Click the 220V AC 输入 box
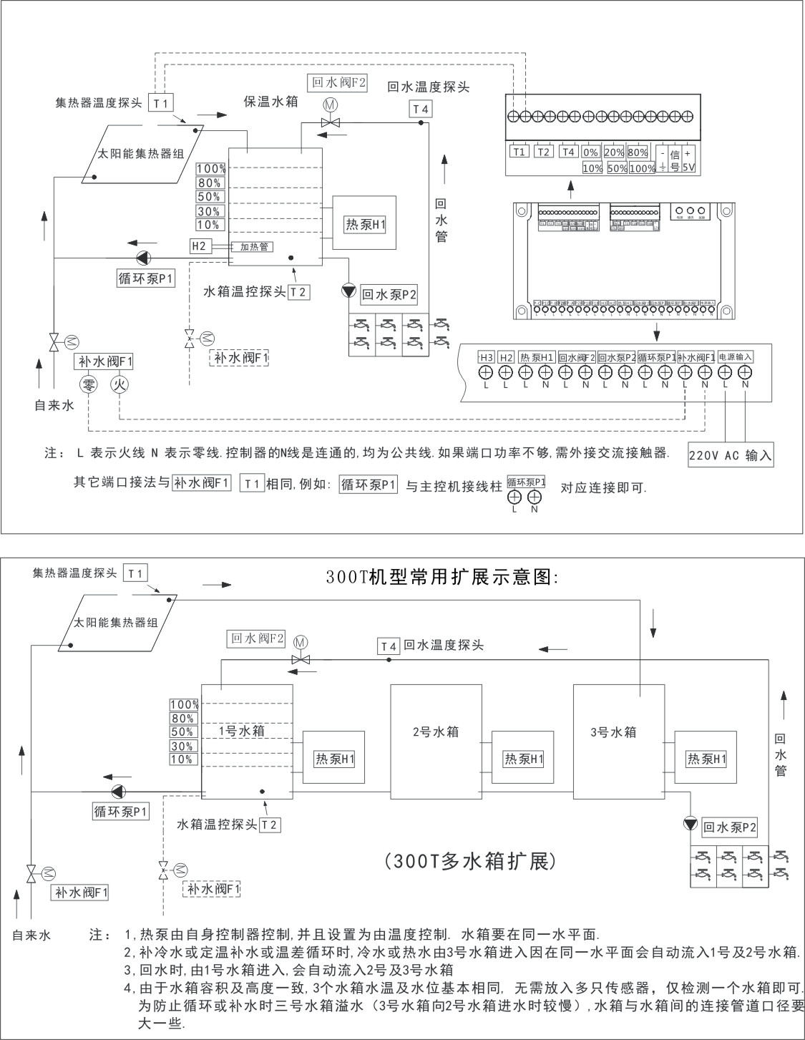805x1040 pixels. [x=731, y=455]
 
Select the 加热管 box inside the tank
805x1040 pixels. [x=254, y=247]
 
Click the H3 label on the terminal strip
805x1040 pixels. [x=485, y=357]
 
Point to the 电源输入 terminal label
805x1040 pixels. [x=735, y=357]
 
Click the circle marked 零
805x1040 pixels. [x=89, y=384]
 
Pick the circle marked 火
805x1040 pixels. [x=119, y=384]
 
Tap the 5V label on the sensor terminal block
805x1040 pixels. [x=688, y=167]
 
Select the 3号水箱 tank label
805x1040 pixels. [x=613, y=732]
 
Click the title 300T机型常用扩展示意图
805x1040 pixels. [x=441, y=578]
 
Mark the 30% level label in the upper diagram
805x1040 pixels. [x=210, y=211]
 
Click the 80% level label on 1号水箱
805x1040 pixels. [x=182, y=718]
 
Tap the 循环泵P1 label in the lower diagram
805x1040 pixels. [x=120, y=812]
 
